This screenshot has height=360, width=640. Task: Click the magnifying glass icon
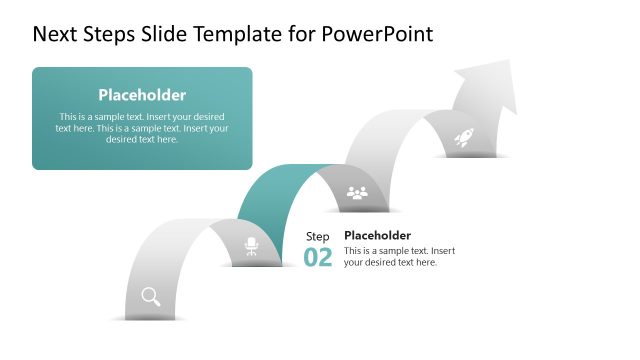[x=151, y=295]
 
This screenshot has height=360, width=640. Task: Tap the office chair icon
[x=251, y=246]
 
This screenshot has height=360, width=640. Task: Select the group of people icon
[x=357, y=192]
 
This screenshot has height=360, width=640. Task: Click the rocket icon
[x=464, y=139]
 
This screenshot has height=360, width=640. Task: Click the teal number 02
[x=318, y=257]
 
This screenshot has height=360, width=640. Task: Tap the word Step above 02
[x=317, y=236]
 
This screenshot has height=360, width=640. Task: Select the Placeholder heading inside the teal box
[x=142, y=95]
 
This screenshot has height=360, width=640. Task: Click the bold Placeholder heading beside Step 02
[x=377, y=236]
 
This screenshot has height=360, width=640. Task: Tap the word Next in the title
[x=55, y=34]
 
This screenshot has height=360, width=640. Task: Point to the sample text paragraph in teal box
[x=142, y=128]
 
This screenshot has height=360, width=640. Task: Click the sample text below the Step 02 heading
[x=399, y=256]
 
